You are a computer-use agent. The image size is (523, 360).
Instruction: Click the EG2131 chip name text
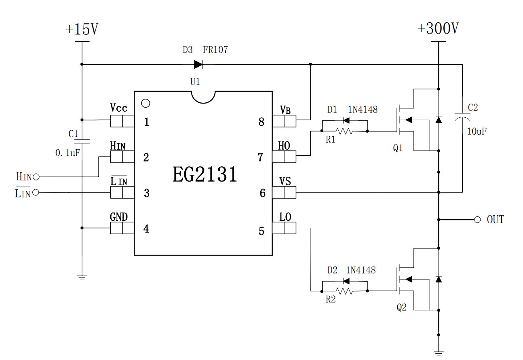(205, 175)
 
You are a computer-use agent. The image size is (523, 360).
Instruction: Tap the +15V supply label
(82, 30)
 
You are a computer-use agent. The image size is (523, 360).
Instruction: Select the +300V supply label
(438, 29)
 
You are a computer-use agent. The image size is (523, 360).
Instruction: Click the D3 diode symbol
(198, 64)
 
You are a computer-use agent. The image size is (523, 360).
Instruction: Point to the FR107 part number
(215, 50)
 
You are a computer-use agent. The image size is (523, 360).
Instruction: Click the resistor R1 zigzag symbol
(344, 131)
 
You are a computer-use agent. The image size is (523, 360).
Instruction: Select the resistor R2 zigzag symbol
(344, 291)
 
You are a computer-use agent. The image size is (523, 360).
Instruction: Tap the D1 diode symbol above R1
(346, 120)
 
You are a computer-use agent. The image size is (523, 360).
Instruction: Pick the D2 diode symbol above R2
(346, 280)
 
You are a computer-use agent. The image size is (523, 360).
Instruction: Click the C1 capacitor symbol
(82, 142)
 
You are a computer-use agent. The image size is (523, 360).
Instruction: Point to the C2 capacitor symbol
(462, 117)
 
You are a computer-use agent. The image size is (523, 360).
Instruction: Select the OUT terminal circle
(477, 220)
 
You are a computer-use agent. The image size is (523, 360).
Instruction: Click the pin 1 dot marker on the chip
(146, 104)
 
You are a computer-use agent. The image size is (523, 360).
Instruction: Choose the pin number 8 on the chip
(261, 122)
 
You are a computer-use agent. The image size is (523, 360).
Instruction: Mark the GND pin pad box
(122, 228)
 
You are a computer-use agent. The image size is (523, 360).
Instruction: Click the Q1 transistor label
(398, 148)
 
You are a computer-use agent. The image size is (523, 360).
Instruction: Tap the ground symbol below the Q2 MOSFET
(439, 353)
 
